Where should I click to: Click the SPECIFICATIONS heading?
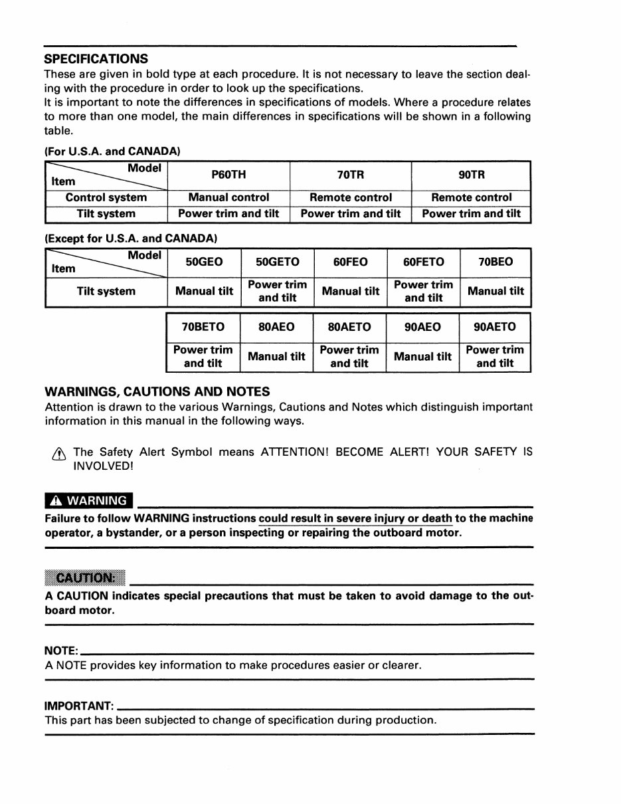point(96,58)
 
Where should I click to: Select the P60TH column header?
point(228,175)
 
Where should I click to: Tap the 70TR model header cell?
point(351,175)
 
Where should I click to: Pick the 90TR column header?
point(472,175)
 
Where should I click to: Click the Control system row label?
point(106,197)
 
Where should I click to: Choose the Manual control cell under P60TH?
point(228,197)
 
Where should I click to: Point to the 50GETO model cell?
point(277,262)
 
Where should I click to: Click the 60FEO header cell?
point(350,262)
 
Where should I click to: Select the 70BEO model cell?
point(495,262)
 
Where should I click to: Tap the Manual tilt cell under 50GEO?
point(204,291)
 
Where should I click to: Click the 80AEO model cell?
point(276,327)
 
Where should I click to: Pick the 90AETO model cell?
point(495,327)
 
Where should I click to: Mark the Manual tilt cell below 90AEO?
point(422,357)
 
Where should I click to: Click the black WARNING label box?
point(89,500)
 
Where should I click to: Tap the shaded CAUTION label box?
point(86,576)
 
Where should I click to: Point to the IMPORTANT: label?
point(79,705)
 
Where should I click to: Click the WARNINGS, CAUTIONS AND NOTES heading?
point(157,391)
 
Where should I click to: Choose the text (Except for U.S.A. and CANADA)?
point(131,237)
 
